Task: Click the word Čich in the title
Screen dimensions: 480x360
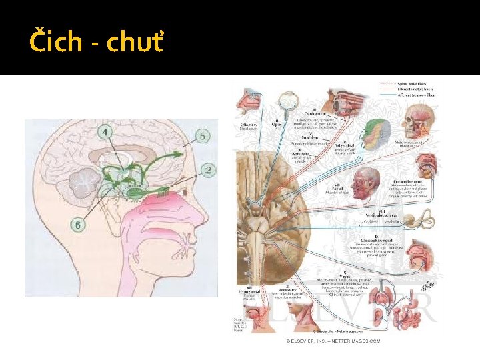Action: point(57,43)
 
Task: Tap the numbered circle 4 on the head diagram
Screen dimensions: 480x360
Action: point(107,133)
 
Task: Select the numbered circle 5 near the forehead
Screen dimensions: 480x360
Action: point(203,136)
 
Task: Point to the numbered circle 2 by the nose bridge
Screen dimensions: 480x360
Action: point(208,171)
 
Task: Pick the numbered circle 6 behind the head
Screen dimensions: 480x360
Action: point(79,225)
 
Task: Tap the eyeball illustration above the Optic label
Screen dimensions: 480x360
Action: point(288,101)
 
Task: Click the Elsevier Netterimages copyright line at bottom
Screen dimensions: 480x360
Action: point(333,341)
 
